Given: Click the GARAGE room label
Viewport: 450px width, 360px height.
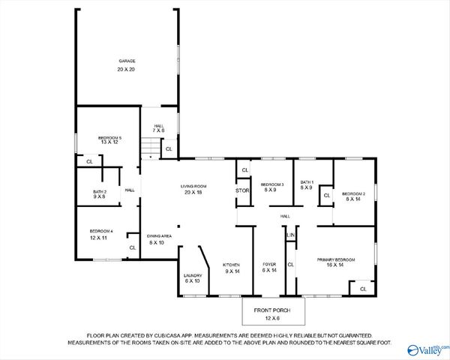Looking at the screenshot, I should pos(126,61).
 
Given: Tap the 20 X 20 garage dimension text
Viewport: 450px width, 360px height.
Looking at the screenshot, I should pos(126,69).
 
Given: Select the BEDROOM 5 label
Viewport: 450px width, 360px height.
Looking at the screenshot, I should pos(109,137).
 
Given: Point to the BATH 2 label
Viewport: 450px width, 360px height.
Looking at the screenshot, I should pos(100,191).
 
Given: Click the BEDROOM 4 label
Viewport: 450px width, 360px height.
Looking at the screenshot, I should pos(101,231).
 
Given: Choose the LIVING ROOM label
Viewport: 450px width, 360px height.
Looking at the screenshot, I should pos(193,186).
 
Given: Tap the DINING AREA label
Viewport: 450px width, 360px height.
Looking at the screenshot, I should pos(159,236).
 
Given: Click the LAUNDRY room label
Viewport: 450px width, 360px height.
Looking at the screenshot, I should pos(192,275).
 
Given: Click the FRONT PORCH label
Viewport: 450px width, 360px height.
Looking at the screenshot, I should pos(272,310).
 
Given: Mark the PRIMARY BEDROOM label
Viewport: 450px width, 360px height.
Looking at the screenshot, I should pos(335,259).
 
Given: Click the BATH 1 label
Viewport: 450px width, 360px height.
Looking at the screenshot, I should pos(307,182).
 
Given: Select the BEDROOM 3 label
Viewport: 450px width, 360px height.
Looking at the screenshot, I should pos(272,184).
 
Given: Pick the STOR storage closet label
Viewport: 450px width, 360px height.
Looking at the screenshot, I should pos(242,190).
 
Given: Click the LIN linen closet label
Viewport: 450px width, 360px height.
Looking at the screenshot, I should pos(291,235).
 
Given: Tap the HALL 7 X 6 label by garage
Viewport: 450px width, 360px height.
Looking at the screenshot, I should pos(159,126).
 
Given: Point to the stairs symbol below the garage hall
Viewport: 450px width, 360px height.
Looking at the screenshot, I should pos(151,152).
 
